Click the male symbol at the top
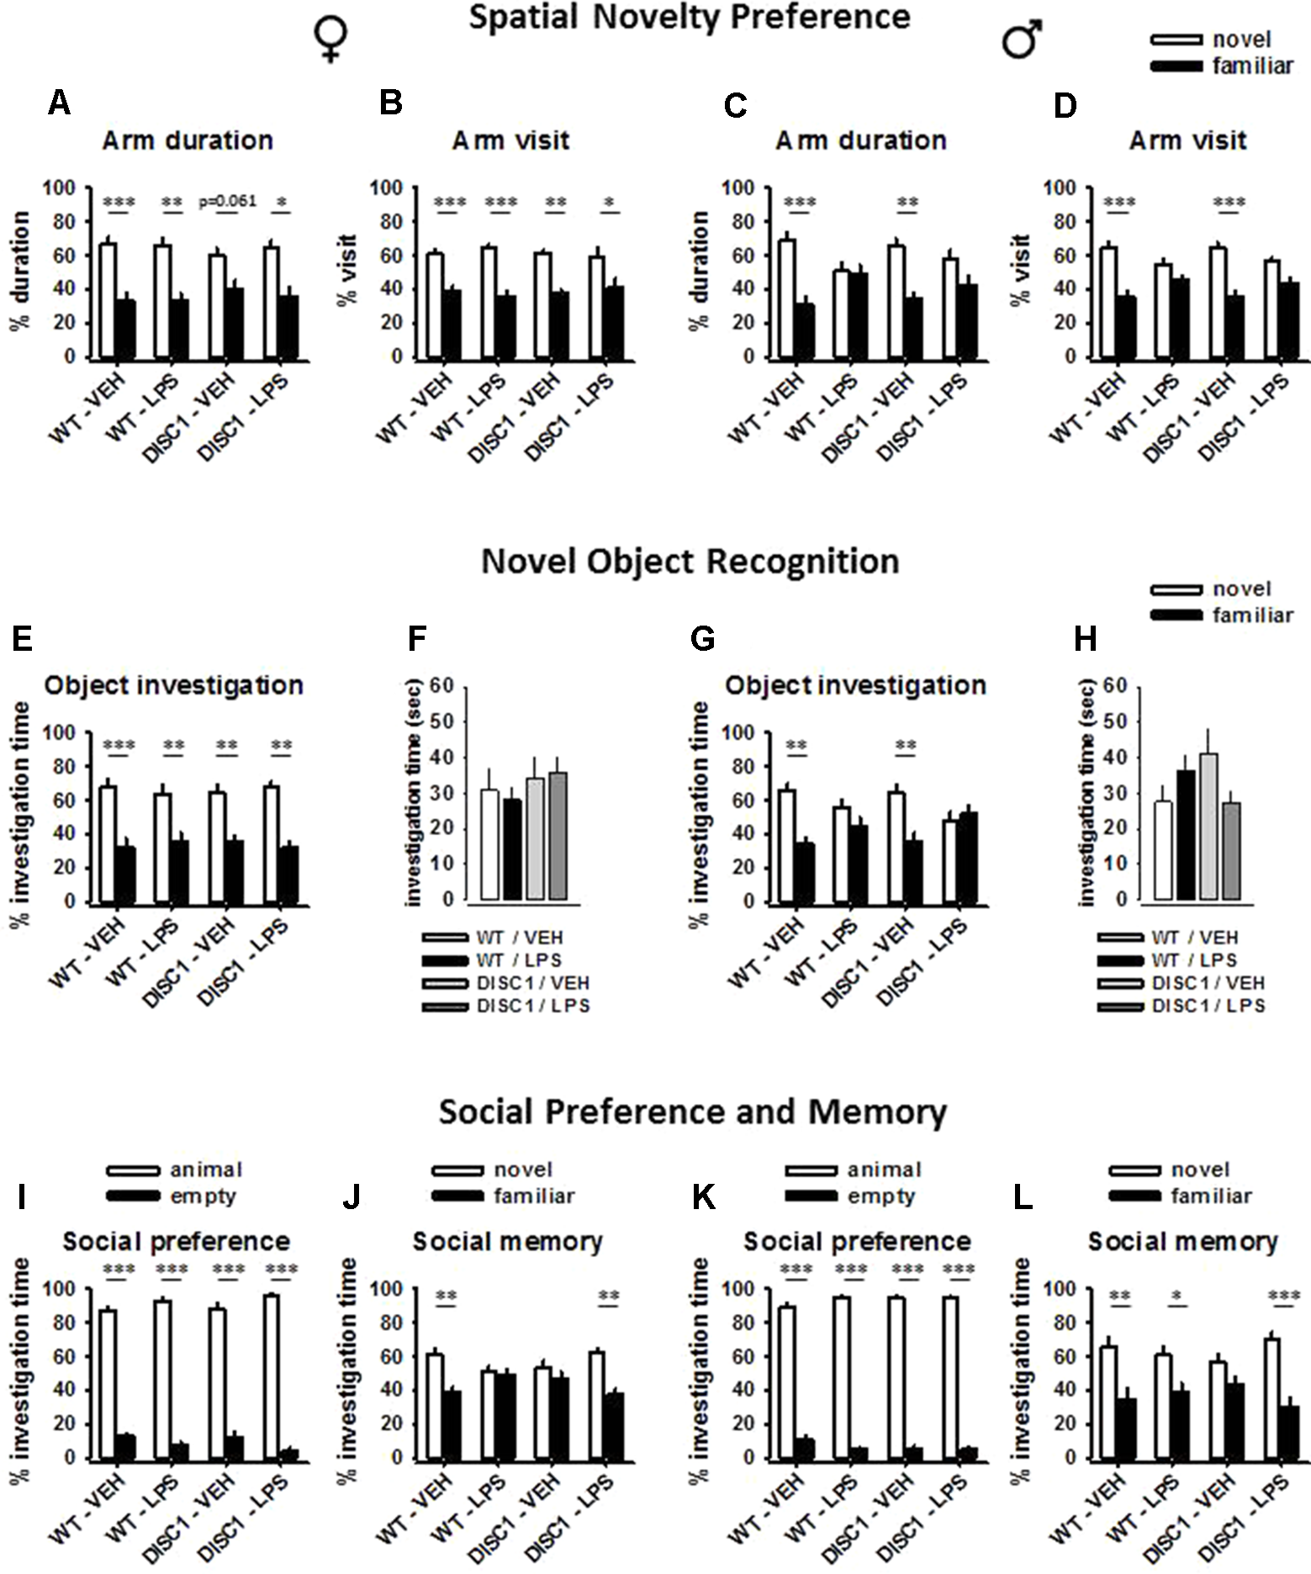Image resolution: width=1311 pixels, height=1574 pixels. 1023,40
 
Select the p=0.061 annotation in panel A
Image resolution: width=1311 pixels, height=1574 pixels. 227,201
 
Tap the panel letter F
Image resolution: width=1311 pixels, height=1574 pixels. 417,640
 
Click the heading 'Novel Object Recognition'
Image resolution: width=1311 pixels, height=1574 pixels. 690,561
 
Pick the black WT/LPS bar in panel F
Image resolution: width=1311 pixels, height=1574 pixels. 512,848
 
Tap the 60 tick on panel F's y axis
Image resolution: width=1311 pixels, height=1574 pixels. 442,686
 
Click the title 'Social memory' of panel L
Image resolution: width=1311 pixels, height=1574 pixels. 1182,1241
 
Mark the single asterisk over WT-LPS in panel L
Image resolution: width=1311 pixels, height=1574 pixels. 1176,1296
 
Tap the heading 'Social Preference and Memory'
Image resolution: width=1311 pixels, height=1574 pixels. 693,1112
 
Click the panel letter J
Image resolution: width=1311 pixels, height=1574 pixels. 351,1197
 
